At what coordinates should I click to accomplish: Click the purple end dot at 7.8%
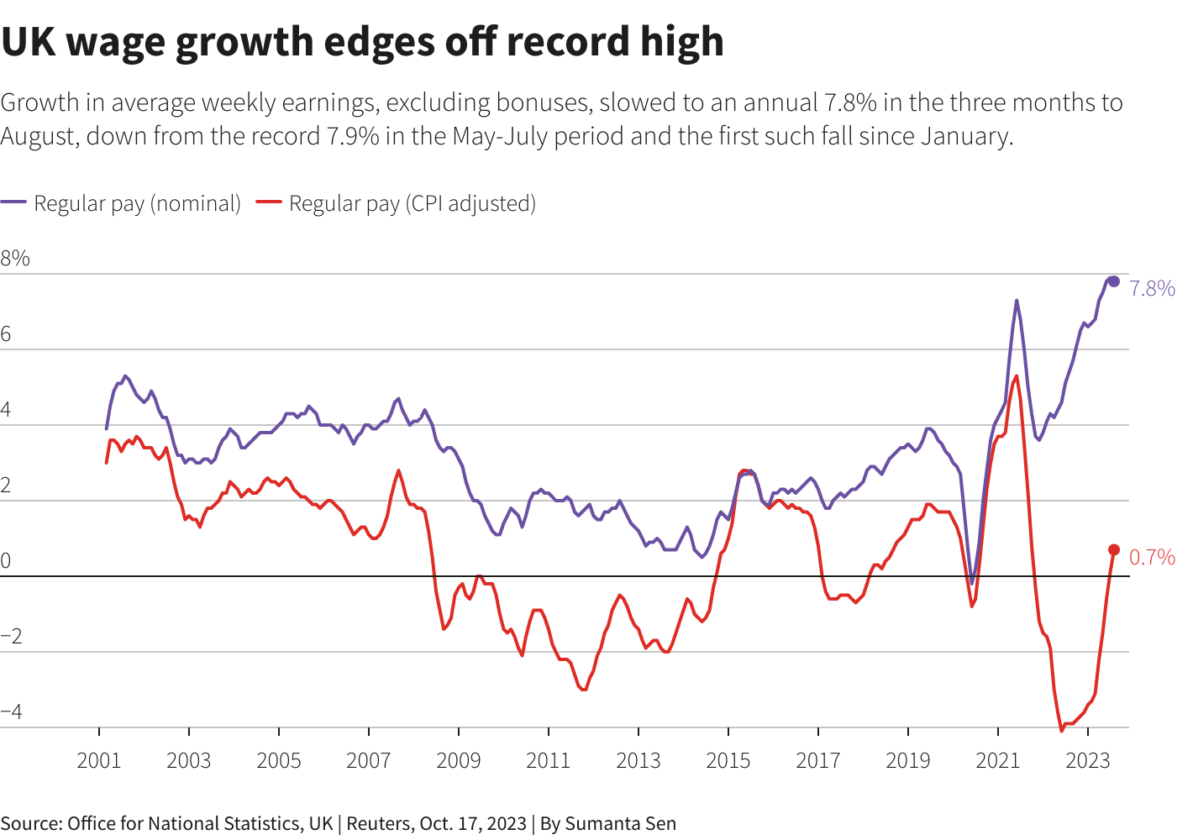[x=1114, y=281]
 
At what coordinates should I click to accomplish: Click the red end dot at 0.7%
[x=1114, y=550]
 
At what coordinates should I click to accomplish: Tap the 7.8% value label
[x=1152, y=289]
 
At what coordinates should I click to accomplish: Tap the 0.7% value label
[x=1152, y=558]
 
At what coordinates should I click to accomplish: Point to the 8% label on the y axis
[x=15, y=259]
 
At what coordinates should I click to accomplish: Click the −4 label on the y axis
[x=12, y=712]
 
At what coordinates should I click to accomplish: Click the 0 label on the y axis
[x=6, y=561]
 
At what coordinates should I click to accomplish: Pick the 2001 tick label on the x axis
[x=99, y=761]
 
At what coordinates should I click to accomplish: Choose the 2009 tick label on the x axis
[x=459, y=761]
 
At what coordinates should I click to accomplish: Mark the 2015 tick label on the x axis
[x=728, y=761]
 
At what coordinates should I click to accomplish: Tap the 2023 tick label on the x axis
[x=1088, y=761]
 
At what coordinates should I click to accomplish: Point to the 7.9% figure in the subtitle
[x=351, y=136]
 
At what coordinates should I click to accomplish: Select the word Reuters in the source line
[x=379, y=824]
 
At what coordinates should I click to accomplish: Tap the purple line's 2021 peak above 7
[x=1017, y=300]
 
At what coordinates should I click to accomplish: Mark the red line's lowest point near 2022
[x=1062, y=731]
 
